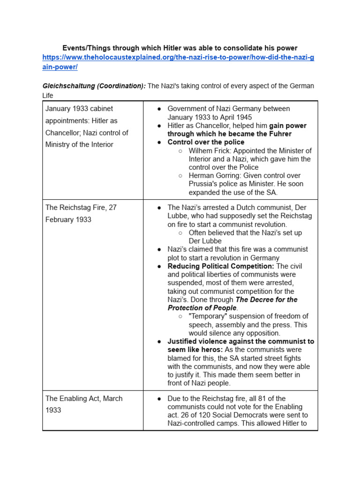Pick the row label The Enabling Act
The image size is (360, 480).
pyautogui.click(x=73, y=398)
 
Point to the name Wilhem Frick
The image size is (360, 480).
pyautogui.click(x=209, y=151)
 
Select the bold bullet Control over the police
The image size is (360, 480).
pyautogui.click(x=206, y=142)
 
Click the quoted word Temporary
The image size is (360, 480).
pyautogui.click(x=208, y=316)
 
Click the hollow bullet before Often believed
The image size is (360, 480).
pyautogui.click(x=180, y=233)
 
